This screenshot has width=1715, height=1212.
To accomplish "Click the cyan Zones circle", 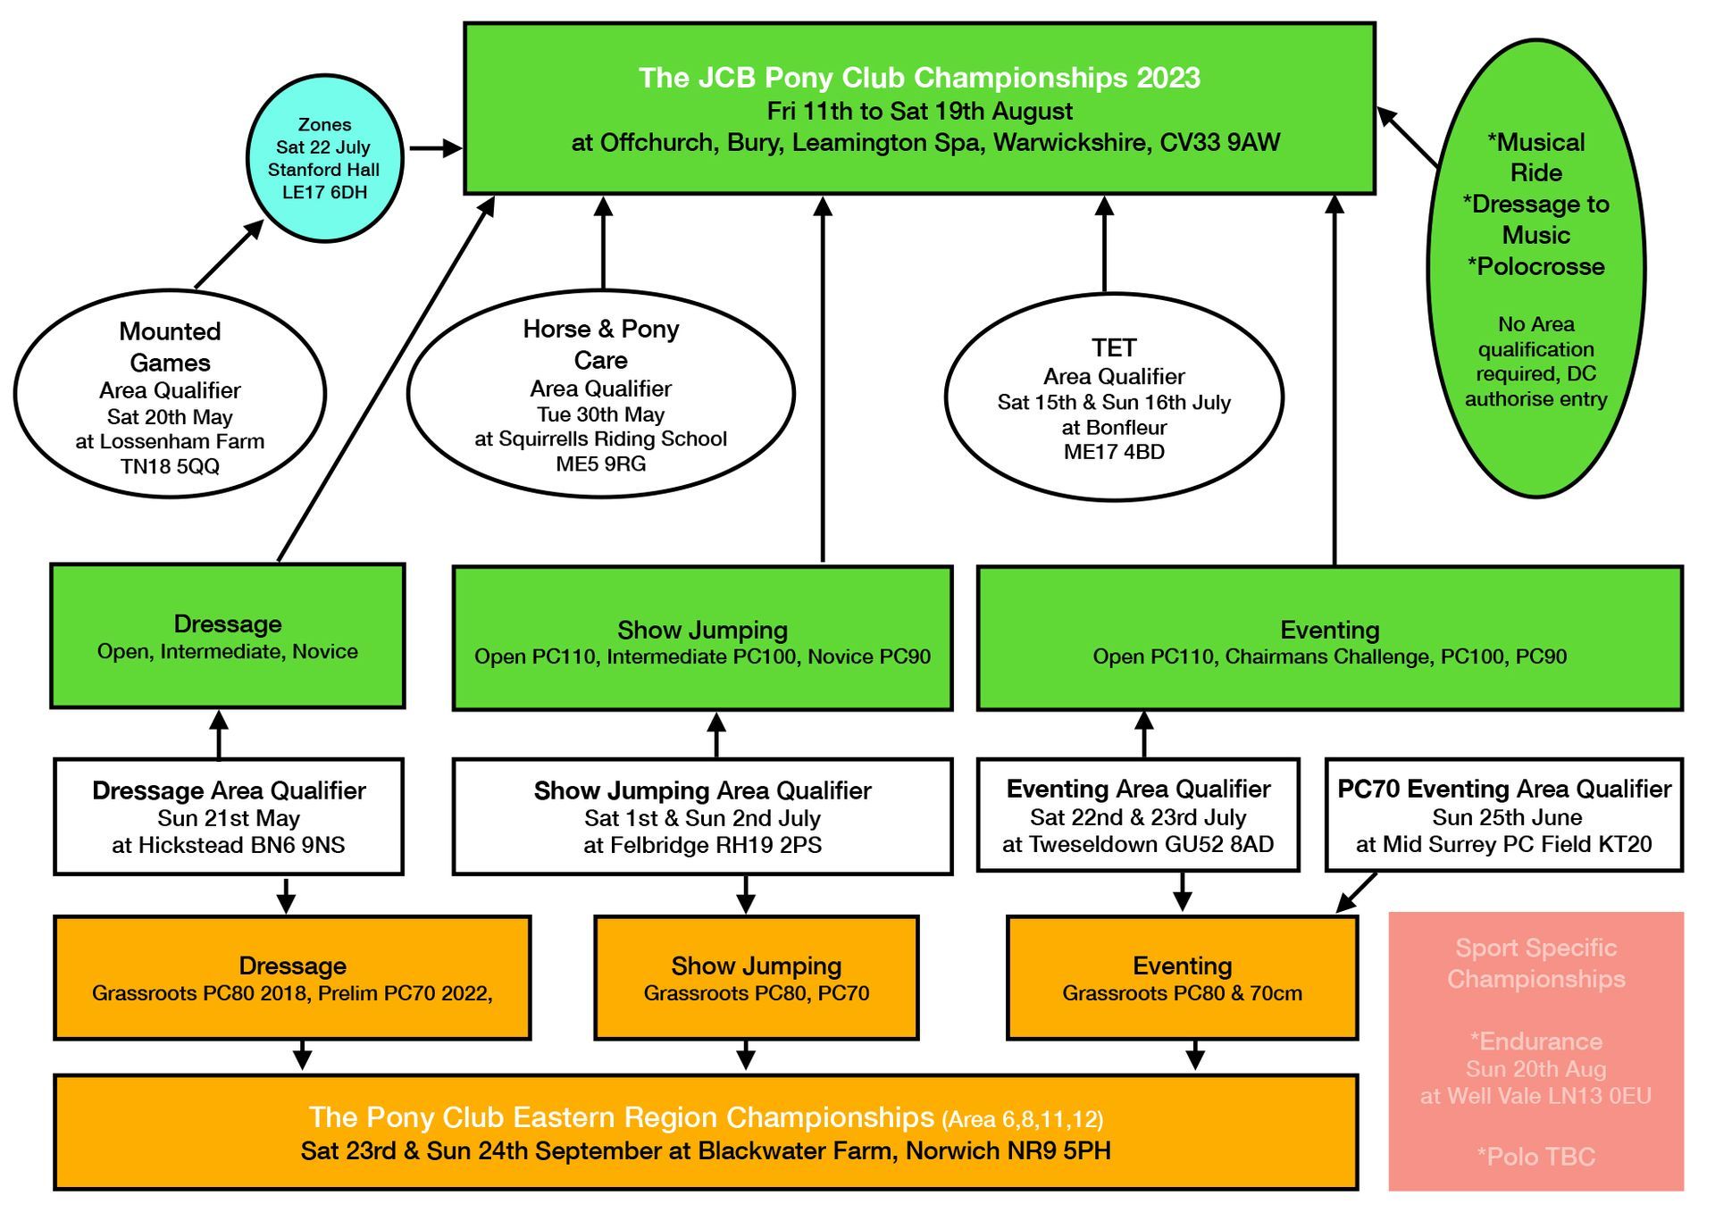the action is tap(325, 158).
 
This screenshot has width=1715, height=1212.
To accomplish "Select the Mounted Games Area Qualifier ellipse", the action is tap(170, 393).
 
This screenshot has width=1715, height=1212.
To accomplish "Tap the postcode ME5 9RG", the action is tap(600, 464).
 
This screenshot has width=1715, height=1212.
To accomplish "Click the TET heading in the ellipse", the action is tap(1114, 347).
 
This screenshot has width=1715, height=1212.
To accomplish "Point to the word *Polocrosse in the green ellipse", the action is tap(1535, 266).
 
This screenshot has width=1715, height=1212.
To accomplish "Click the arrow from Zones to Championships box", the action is tap(436, 148).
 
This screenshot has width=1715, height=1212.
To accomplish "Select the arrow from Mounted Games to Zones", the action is tap(230, 254).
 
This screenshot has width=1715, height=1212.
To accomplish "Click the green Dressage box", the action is tap(228, 636).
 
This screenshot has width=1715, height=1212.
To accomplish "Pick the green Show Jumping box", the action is tap(702, 639).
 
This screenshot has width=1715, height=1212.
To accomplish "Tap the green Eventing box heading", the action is tap(1329, 630).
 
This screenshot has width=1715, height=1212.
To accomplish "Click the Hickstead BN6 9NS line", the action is tap(228, 845).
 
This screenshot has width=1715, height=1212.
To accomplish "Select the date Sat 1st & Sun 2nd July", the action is tap(702, 818).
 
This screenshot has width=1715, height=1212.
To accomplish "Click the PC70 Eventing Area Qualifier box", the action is tap(1504, 815).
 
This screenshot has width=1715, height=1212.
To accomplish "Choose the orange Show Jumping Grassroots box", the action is tap(757, 978).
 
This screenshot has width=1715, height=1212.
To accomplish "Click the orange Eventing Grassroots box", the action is tap(1182, 978).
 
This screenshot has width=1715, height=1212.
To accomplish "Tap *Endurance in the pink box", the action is tap(1535, 1041).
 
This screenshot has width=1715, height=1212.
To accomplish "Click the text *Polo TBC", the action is tap(1535, 1157).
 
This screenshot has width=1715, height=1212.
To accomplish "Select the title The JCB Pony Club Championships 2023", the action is tap(919, 78).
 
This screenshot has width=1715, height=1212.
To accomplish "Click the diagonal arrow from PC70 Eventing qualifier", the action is tap(1356, 893).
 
